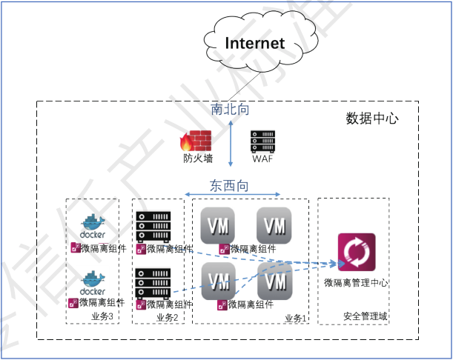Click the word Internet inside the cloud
pos(254,43)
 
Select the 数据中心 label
pos(372,119)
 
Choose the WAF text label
pos(262,159)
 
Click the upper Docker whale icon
pos(93,224)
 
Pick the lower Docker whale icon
pos(93,282)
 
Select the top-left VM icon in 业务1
pos(219,225)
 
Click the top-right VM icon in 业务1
pos(274,225)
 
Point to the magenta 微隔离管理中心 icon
pos(356,252)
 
